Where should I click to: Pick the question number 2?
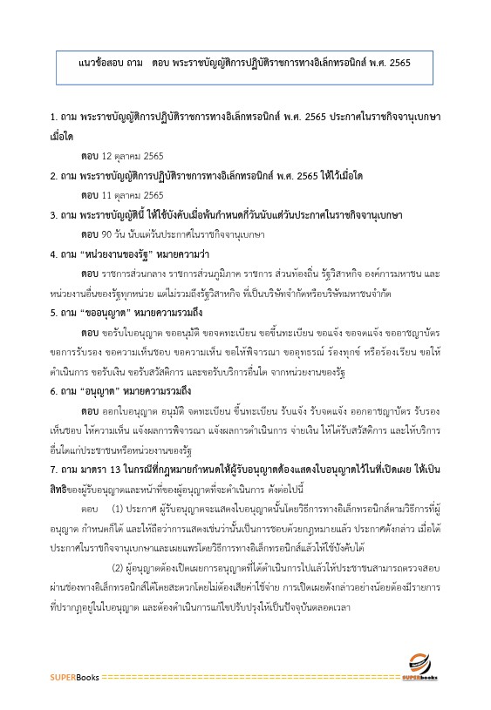pyautogui.click(x=54, y=176)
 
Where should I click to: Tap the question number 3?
pyautogui.click(x=54, y=214)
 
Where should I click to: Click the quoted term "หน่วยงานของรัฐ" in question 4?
pyautogui.click(x=122, y=255)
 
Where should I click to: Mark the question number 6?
pyautogui.click(x=54, y=391)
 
